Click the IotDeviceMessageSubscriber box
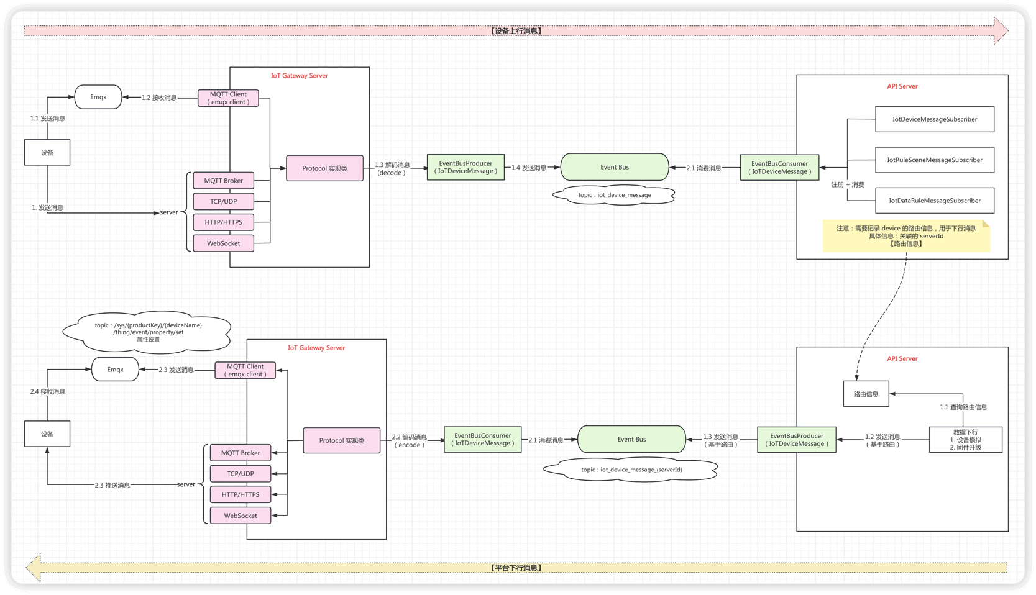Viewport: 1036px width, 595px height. pyautogui.click(x=934, y=119)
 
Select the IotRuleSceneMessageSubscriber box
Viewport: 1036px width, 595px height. pyautogui.click(x=934, y=160)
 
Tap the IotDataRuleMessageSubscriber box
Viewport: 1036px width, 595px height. pyautogui.click(x=934, y=201)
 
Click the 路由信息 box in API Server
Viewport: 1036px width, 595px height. pyautogui.click(x=866, y=394)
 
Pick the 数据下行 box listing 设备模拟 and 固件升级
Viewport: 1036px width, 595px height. pyautogui.click(x=965, y=440)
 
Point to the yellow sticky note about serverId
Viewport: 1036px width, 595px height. pyautogui.click(x=905, y=236)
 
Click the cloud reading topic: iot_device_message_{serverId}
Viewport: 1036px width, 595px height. pyautogui.click(x=631, y=470)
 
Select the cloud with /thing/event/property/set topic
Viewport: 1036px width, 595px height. pyautogui.click(x=148, y=332)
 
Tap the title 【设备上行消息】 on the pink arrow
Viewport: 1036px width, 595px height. pyautogui.click(x=516, y=30)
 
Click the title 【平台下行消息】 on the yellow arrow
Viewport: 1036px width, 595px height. pyautogui.click(x=516, y=568)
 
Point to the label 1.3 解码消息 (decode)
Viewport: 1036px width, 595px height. pyautogui.click(x=392, y=168)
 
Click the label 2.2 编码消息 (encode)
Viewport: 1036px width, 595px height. pyautogui.click(x=409, y=441)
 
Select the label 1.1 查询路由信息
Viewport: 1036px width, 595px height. pyautogui.click(x=963, y=407)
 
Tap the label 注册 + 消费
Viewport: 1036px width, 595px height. pyautogui.click(x=848, y=184)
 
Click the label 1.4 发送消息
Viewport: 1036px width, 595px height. pyautogui.click(x=528, y=168)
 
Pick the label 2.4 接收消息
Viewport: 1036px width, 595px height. pyautogui.click(x=48, y=392)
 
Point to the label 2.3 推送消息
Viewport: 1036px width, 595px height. pyautogui.click(x=112, y=485)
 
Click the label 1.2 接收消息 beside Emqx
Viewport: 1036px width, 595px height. pyautogui.click(x=159, y=98)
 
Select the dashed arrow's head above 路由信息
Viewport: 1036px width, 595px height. pyautogui.click(x=857, y=377)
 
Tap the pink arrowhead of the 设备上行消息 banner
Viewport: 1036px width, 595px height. pyautogui.click(x=1001, y=30)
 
